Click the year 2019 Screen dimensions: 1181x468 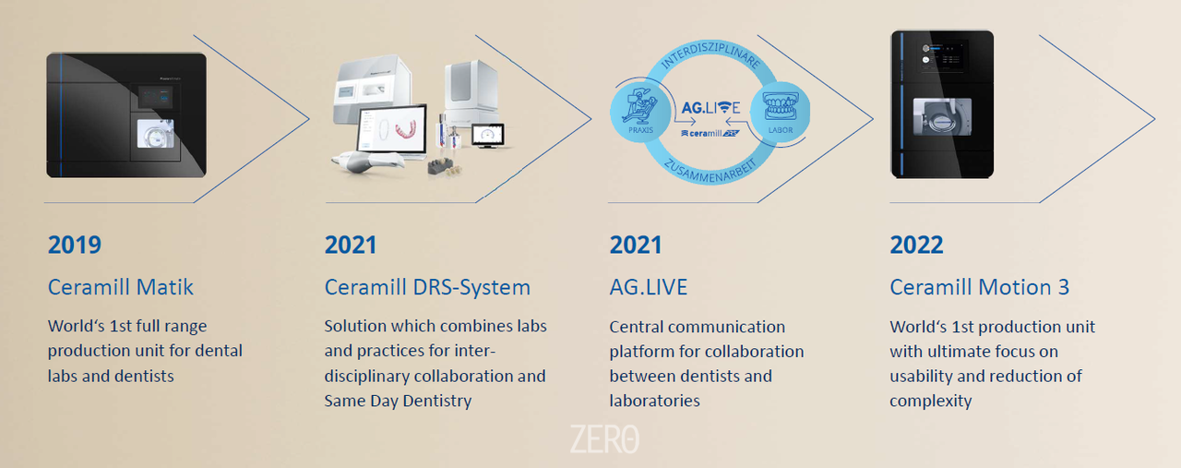[x=75, y=245]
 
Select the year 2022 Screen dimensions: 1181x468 [x=916, y=245]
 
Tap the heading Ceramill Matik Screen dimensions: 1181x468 [x=120, y=287]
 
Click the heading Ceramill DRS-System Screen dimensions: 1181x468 [x=427, y=288]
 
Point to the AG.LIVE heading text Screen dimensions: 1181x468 [x=649, y=288]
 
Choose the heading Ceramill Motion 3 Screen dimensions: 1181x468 [x=979, y=288]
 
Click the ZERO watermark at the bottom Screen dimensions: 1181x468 [x=604, y=439]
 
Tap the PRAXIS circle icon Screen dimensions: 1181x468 [x=640, y=112]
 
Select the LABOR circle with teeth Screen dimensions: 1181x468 [x=781, y=112]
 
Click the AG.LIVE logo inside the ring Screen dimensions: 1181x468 [x=710, y=108]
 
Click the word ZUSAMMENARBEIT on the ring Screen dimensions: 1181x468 [x=710, y=171]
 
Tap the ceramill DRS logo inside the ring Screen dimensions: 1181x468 [x=710, y=134]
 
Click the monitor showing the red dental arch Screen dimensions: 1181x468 [x=392, y=130]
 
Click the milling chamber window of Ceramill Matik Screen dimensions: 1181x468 [x=156, y=134]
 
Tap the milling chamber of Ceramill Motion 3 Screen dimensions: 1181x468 [x=942, y=116]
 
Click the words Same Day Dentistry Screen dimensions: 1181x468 [x=398, y=401]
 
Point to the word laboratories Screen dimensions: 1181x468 [x=655, y=401]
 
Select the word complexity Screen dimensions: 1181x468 [x=931, y=401]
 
